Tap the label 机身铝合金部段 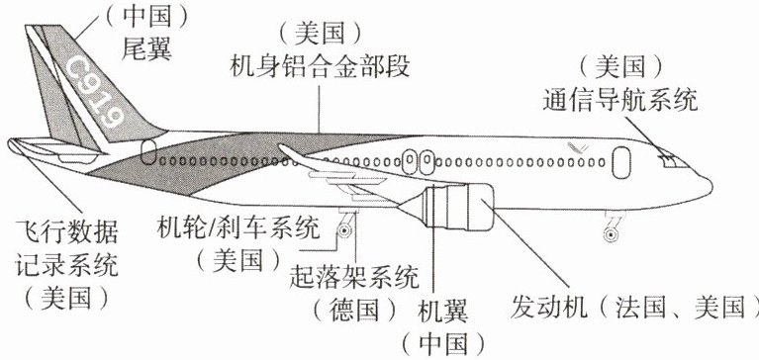pyautogui.click(x=320, y=66)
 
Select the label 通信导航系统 pyautogui.click(x=620, y=100)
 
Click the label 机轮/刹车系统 pyautogui.click(x=238, y=227)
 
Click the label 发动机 pyautogui.click(x=548, y=307)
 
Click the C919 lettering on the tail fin pyautogui.click(x=95, y=91)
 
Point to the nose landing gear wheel pyautogui.click(x=612, y=234)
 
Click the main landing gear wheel pyautogui.click(x=344, y=230)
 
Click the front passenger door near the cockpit pyautogui.click(x=621, y=162)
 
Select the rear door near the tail pyautogui.click(x=148, y=151)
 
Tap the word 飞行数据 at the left pyautogui.click(x=67, y=231)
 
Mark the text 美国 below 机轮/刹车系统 pyautogui.click(x=238, y=259)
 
